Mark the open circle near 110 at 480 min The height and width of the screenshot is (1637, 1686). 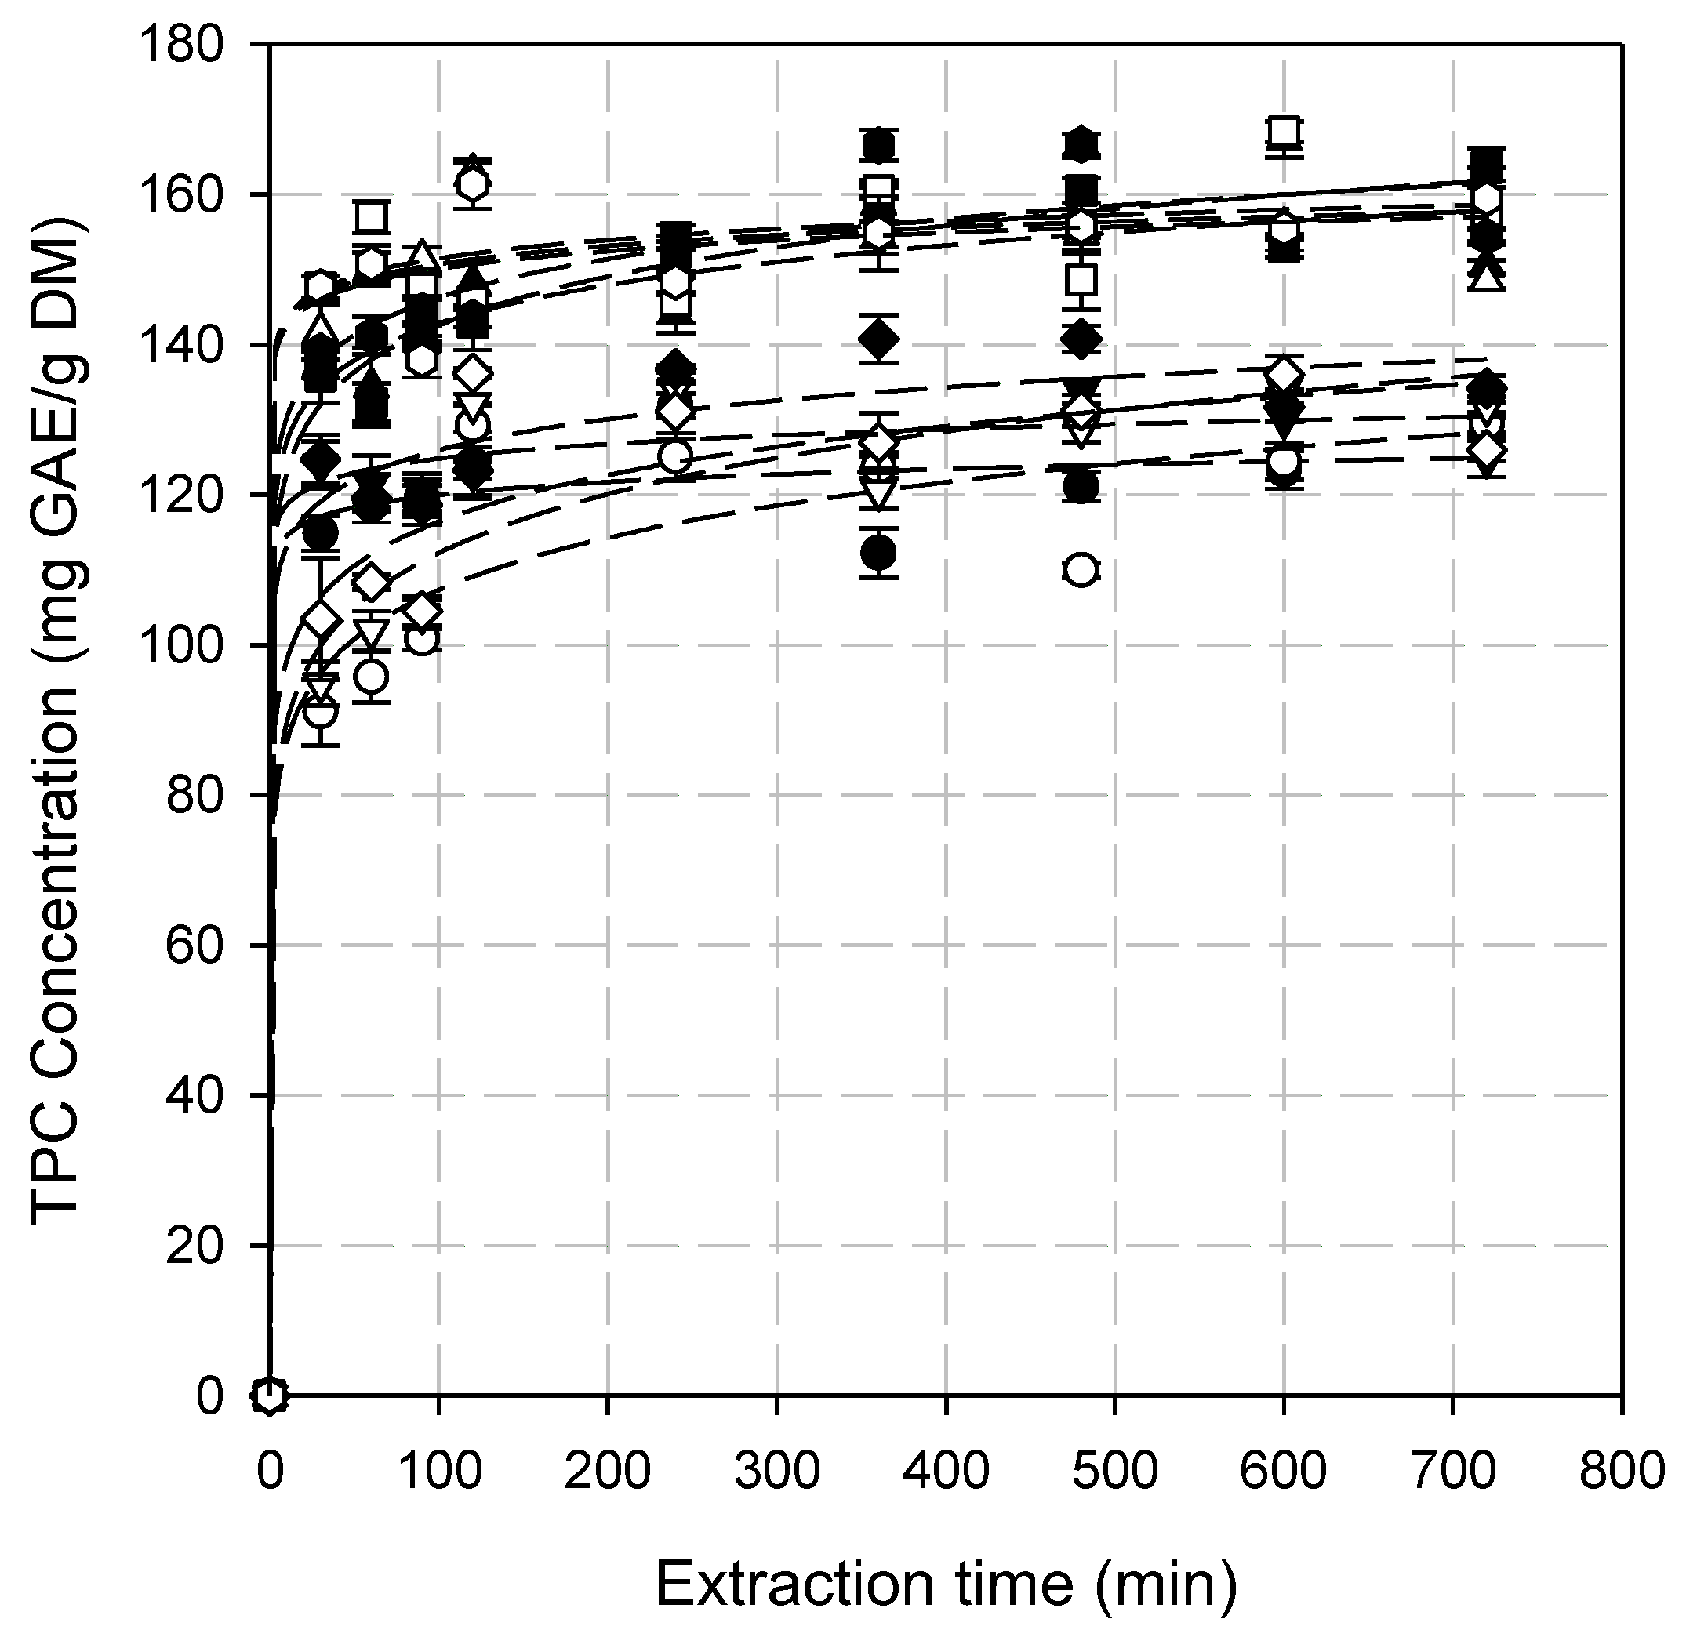pyautogui.click(x=1081, y=570)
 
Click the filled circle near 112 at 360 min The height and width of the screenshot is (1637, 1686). pyautogui.click(x=878, y=551)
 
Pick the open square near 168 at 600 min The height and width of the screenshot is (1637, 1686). pyautogui.click(x=1284, y=132)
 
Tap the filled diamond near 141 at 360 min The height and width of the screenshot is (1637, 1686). pyautogui.click(x=878, y=338)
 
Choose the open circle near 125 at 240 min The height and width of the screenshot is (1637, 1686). pyautogui.click(x=675, y=457)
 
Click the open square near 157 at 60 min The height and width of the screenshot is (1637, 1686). pyautogui.click(x=371, y=216)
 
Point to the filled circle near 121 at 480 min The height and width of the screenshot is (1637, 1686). pyautogui.click(x=1081, y=487)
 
